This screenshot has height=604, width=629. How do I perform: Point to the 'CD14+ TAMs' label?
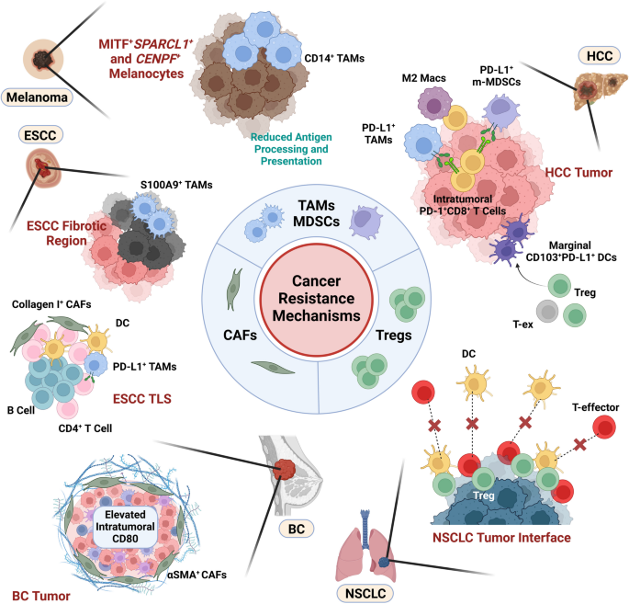pos(331,58)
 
